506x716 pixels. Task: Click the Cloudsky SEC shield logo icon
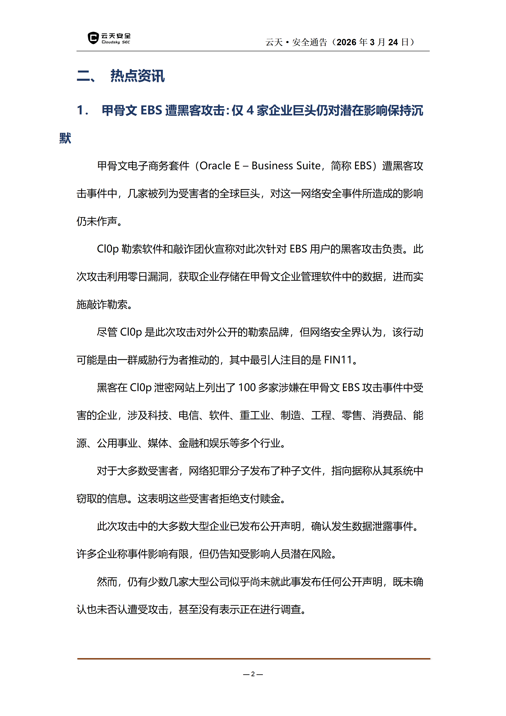(x=93, y=38)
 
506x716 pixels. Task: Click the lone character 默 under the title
(x=65, y=138)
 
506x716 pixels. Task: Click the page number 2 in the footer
(x=253, y=674)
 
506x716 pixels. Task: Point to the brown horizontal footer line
(x=253, y=659)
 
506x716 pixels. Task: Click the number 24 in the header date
(x=393, y=42)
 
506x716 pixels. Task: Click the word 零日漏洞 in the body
(x=148, y=277)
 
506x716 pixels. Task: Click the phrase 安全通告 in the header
(x=309, y=42)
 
